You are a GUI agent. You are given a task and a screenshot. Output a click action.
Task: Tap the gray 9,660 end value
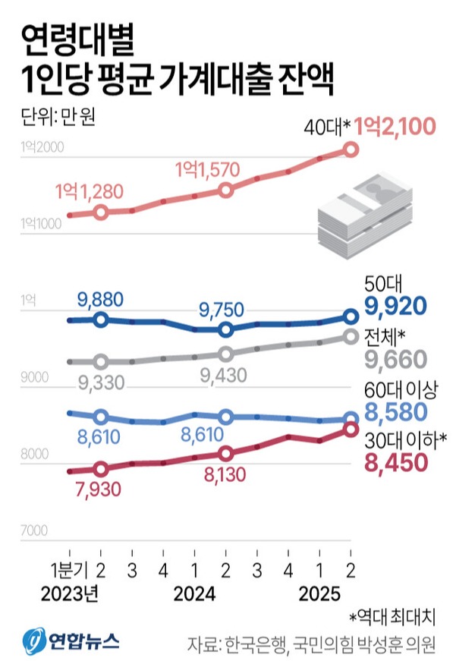396,358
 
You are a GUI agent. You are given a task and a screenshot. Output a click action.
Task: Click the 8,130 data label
225,473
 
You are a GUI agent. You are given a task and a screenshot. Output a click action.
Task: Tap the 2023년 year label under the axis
71,592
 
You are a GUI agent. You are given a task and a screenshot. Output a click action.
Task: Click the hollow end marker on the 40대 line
350,150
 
